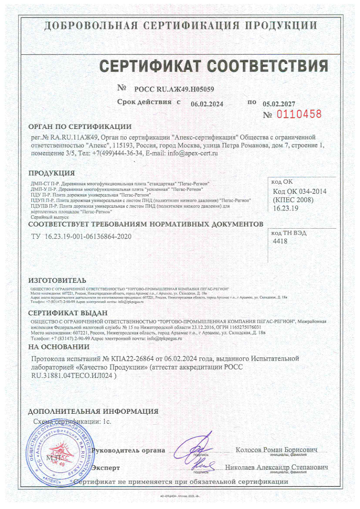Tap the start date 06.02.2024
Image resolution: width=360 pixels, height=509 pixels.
pos(207,104)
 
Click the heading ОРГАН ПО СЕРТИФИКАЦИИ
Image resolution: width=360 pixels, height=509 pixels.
pos(80,127)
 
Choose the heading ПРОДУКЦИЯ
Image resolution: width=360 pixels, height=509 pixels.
pos(52,173)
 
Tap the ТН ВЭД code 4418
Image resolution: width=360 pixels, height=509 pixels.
pos(280,241)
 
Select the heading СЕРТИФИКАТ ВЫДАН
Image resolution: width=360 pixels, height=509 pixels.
pos(68,313)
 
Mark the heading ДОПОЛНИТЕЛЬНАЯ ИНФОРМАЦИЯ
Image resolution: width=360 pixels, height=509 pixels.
pos(93,411)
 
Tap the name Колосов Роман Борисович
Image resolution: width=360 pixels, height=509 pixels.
pos(276,450)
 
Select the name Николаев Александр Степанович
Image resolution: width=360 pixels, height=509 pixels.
pos(276,467)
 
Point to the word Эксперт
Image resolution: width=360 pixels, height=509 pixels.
pos(106,467)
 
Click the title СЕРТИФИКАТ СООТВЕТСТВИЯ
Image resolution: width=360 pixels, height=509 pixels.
pos(214,66)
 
